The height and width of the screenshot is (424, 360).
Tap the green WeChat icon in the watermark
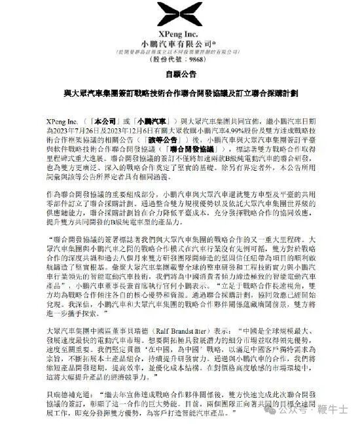click(x=272, y=412)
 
